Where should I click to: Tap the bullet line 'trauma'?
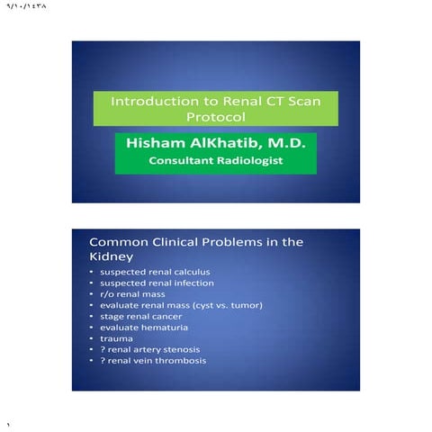[x=114, y=338]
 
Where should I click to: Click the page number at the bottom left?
[x=7, y=424]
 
